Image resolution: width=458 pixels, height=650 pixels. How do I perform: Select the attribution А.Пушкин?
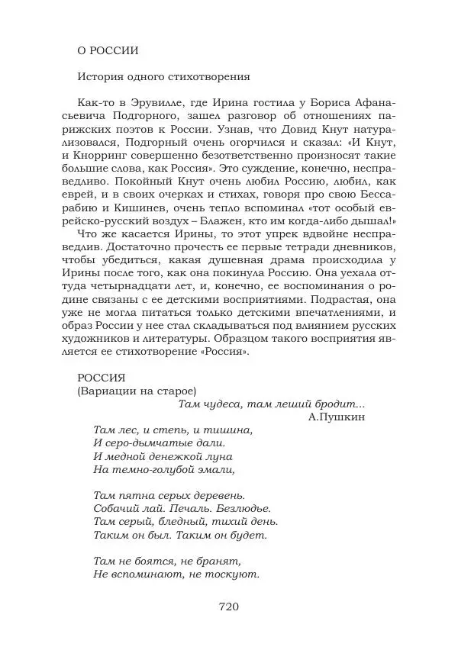pyautogui.click(x=337, y=417)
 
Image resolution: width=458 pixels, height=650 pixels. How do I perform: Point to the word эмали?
pyautogui.click(x=216, y=470)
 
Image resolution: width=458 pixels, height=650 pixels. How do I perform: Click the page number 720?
pyautogui.click(x=229, y=607)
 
